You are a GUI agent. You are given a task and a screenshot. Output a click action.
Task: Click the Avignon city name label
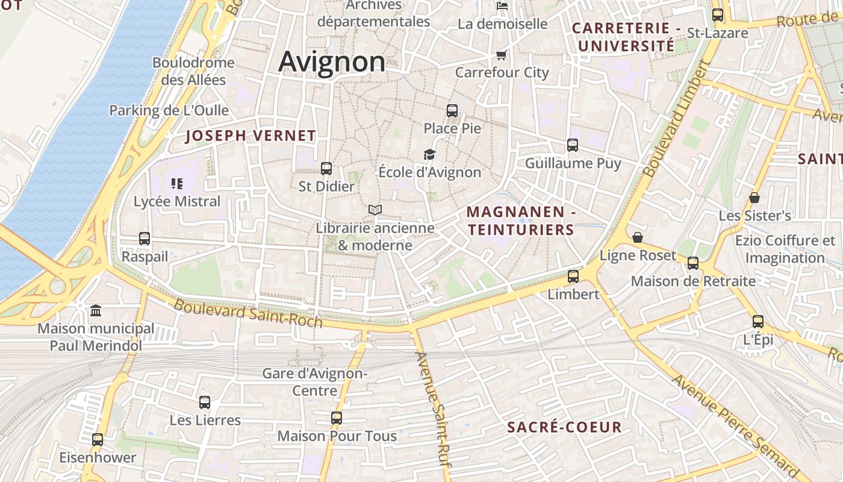pos(332,62)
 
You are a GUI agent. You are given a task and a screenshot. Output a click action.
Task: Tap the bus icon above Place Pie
pos(452,111)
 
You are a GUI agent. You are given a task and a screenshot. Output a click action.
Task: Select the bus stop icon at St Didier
pos(326,169)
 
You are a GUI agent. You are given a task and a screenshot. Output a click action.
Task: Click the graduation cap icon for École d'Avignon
pos(429,155)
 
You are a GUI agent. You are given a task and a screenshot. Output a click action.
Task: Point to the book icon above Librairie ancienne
pos(375,210)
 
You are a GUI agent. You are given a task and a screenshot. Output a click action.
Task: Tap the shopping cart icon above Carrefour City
pos(501,55)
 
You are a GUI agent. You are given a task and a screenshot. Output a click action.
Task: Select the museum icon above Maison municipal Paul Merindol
pos(96,311)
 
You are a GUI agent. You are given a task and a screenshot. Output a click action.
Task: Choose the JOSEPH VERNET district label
pos(250,136)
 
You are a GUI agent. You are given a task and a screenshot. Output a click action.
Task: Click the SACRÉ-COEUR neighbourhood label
pos(564,427)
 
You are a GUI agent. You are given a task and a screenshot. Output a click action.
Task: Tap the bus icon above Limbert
pos(573,277)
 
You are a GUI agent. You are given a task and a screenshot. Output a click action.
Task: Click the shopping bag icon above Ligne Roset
pos(638,237)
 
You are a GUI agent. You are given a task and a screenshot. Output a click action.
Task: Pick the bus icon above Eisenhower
pos(98,440)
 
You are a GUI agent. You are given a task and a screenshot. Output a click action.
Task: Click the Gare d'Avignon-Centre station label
pos(315,382)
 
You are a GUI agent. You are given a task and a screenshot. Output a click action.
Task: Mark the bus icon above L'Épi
pos(758,322)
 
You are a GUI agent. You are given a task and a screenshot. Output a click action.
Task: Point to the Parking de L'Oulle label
pos(169,110)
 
